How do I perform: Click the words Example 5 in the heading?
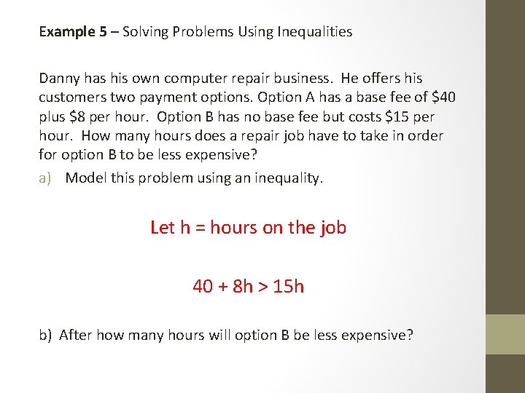pos(67,32)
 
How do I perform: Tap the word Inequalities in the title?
pos(315,32)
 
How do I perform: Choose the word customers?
pos(71,98)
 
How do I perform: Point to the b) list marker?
pos(46,336)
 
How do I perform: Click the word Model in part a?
pos(86,178)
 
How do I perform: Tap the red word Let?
pos(163,228)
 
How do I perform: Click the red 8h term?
pos(242,287)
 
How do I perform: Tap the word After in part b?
pos(74,336)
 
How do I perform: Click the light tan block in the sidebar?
pos(505,334)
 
